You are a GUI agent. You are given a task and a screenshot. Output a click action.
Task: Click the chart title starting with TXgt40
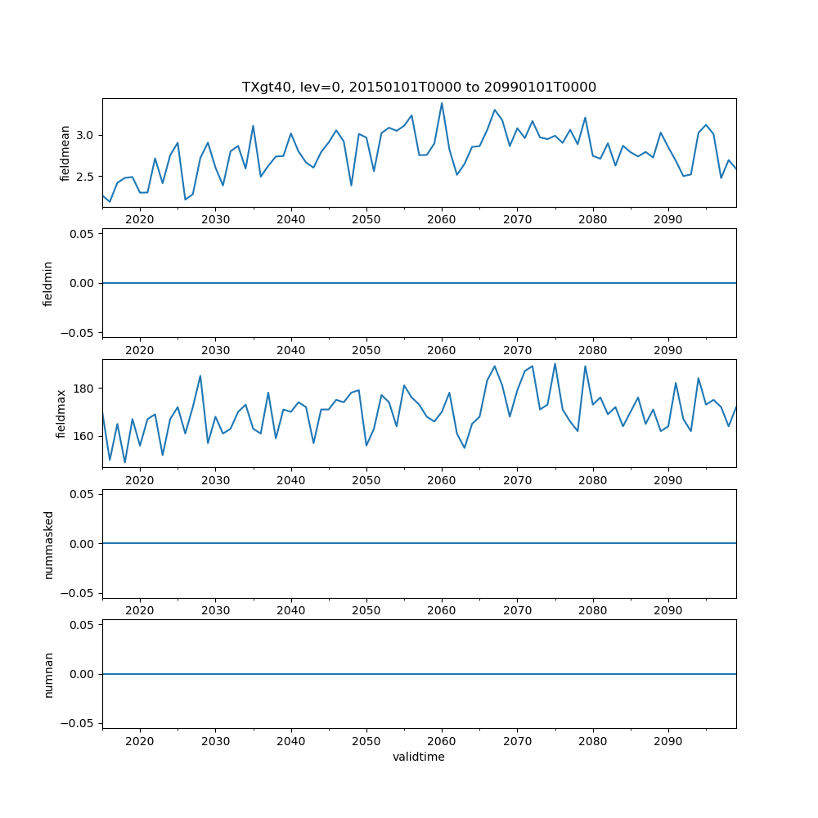coord(419,87)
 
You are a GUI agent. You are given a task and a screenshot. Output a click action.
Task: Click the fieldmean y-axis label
coord(65,153)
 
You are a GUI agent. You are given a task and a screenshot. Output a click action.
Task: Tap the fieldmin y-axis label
coord(47,283)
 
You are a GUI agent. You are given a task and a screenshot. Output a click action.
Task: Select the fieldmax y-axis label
coord(61,413)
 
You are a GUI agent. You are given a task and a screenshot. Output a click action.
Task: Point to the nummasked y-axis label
coord(47,544)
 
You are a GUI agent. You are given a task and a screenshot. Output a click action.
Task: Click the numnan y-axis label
coord(47,674)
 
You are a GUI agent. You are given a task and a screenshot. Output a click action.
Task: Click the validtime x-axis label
coord(419,757)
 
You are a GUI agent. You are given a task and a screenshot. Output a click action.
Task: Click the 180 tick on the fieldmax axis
coord(85,388)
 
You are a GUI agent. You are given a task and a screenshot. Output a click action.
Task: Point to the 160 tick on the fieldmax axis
coord(85,436)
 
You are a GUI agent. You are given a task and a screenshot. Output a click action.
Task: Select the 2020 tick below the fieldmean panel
coord(140,219)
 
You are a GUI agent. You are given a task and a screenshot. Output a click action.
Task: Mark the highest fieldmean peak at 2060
coord(442,103)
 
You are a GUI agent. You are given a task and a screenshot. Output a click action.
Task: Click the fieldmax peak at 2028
coord(200,376)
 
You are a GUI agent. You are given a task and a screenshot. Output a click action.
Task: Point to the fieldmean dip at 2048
coord(351,185)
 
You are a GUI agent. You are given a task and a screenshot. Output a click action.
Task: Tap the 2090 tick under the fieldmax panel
coord(668,480)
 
